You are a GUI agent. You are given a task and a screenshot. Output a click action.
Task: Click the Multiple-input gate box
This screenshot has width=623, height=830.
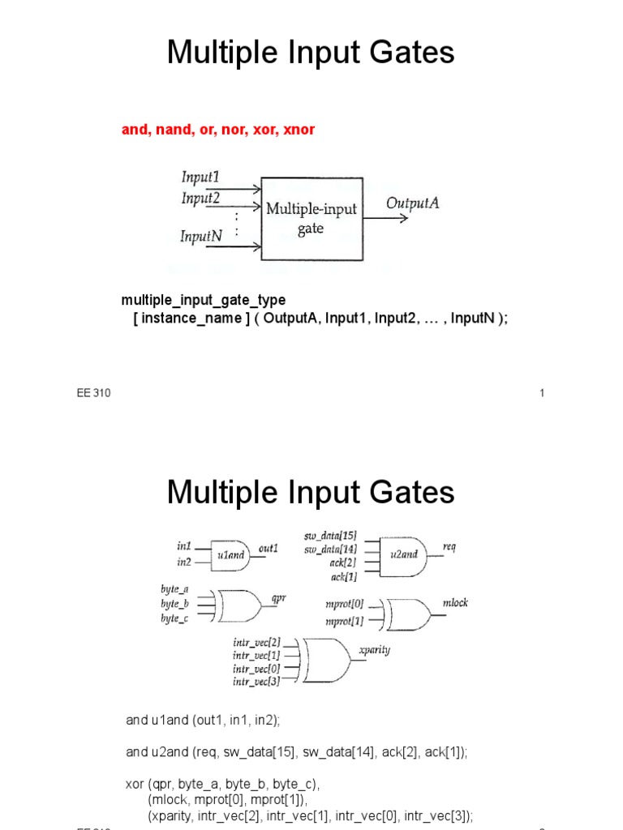(311, 218)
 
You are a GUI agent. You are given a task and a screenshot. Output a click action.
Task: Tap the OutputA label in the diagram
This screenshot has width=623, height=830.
(413, 203)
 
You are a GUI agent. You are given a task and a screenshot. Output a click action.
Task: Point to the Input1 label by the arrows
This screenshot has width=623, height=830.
(200, 177)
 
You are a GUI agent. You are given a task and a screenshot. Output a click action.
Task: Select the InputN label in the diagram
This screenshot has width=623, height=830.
(201, 237)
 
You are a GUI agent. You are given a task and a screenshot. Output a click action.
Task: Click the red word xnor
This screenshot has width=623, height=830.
(299, 130)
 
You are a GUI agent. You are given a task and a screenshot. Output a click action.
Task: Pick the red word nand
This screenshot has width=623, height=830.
(170, 130)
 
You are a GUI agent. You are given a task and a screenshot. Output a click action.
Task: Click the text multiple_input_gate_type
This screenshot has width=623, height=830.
(204, 300)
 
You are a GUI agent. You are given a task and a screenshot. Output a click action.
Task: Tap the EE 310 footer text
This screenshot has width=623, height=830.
(93, 394)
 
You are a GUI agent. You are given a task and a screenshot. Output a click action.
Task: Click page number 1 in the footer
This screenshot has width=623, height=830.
(541, 394)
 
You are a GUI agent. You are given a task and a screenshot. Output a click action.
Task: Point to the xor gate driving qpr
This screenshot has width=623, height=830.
(241, 603)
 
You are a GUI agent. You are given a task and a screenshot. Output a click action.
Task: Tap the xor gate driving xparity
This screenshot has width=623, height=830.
(328, 661)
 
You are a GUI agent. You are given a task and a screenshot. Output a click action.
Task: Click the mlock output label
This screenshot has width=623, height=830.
(455, 603)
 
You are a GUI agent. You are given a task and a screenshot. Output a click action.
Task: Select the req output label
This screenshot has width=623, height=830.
(449, 547)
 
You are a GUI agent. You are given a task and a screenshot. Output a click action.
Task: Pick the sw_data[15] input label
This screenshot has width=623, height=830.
(330, 537)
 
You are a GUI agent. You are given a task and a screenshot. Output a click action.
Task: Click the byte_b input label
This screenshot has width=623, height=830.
(174, 604)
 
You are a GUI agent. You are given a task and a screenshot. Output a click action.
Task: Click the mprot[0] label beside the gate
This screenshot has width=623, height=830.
(345, 605)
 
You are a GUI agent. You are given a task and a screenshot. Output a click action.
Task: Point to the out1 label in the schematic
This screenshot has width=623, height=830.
(269, 549)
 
